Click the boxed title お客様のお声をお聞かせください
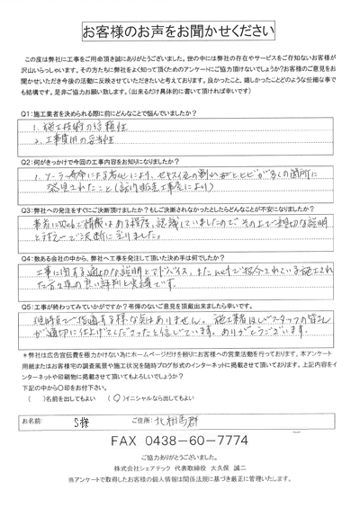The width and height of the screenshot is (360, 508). click(x=179, y=31)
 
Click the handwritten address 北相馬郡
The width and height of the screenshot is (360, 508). click(x=189, y=420)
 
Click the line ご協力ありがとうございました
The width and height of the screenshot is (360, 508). click(x=179, y=459)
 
